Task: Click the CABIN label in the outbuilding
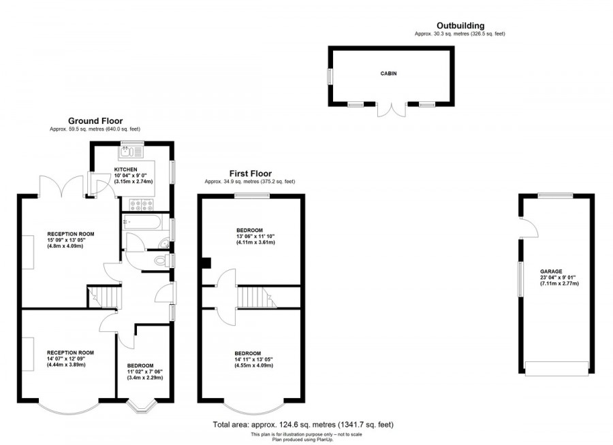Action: click(388, 73)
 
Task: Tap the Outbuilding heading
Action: click(460, 26)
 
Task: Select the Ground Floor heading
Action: click(95, 121)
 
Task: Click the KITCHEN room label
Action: click(126, 169)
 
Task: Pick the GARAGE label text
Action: click(551, 271)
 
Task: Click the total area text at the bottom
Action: click(303, 425)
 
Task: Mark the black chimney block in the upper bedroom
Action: click(206, 262)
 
